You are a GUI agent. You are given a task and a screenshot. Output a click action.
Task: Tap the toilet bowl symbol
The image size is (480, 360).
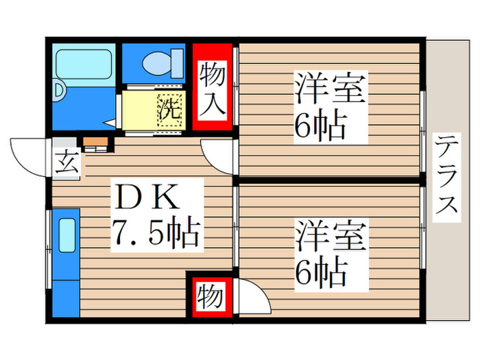[163, 63]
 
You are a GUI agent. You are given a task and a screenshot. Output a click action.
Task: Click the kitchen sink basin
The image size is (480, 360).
[66, 237]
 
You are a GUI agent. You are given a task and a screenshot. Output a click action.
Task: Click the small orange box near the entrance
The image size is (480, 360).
[95, 143]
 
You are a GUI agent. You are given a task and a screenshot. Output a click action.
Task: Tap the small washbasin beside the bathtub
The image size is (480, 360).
[59, 90]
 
